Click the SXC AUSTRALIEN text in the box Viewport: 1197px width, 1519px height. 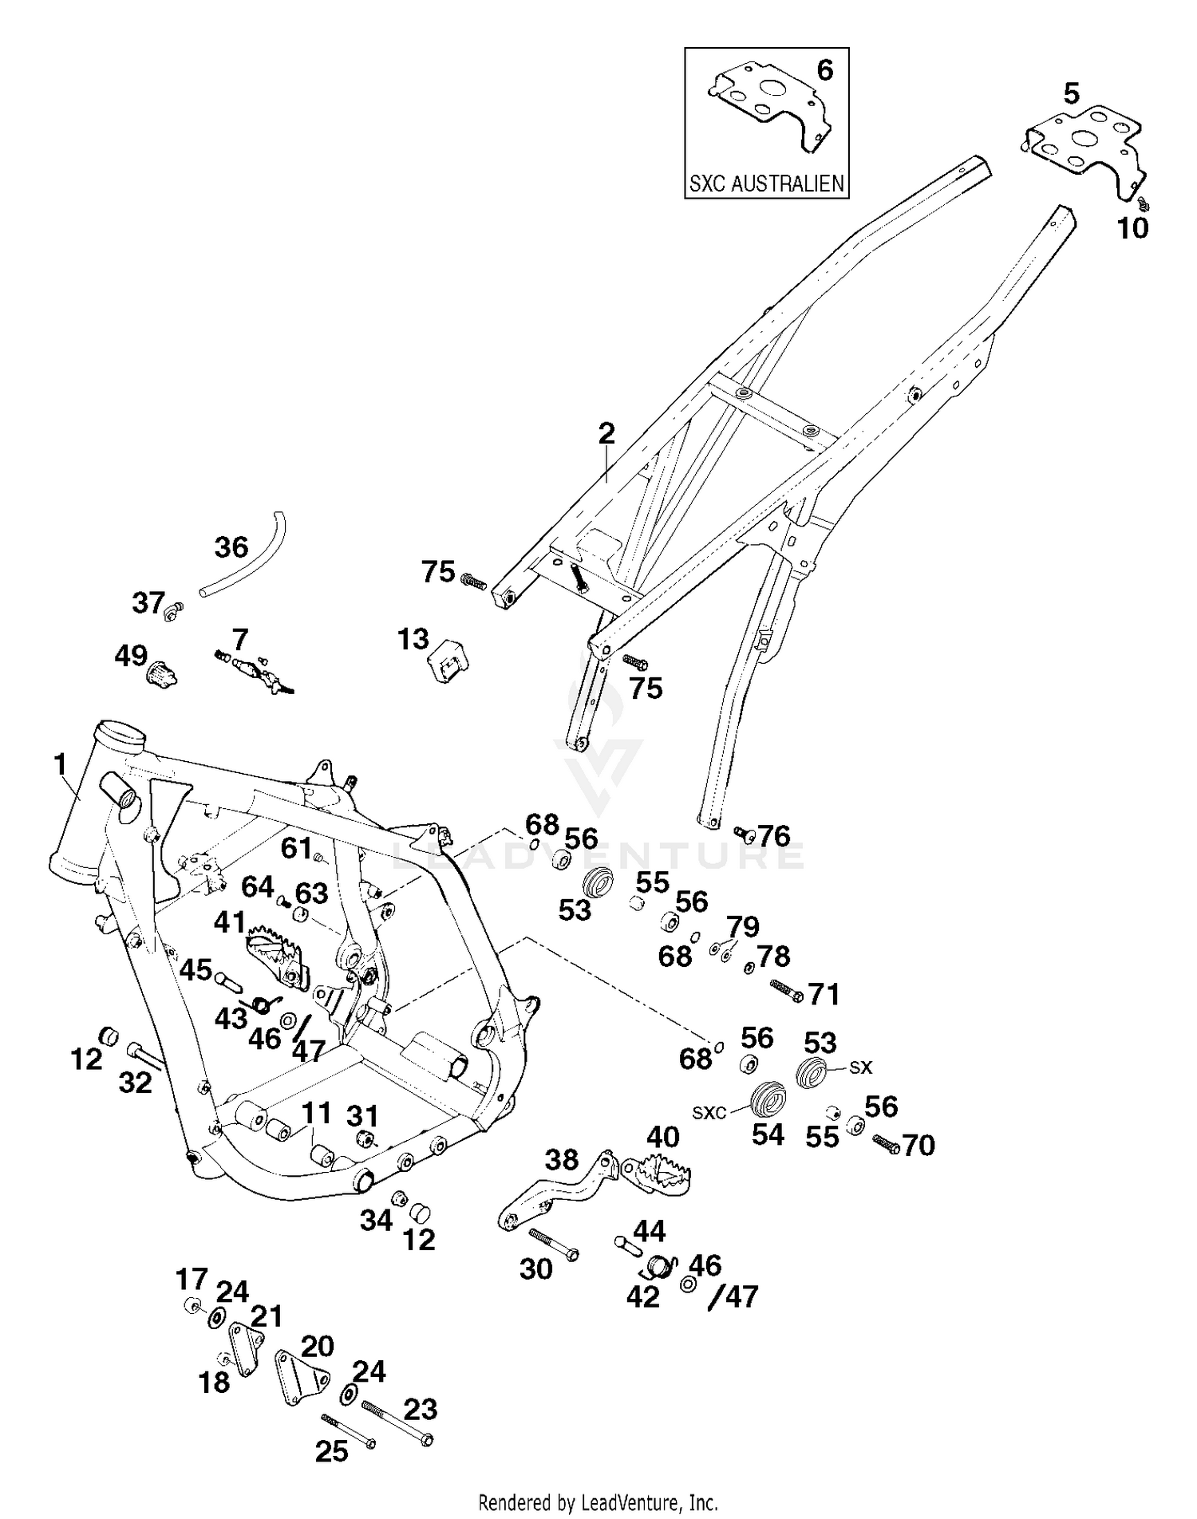(766, 183)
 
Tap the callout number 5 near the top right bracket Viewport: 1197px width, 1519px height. (1071, 94)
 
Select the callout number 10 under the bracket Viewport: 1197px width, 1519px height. (1132, 228)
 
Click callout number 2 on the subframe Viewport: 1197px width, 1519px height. (606, 434)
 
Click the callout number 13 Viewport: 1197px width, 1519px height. (413, 639)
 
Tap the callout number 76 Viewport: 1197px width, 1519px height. (773, 835)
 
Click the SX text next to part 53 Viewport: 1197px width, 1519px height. (861, 1067)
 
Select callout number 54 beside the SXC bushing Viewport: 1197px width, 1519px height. (768, 1134)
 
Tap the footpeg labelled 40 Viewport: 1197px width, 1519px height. (659, 1174)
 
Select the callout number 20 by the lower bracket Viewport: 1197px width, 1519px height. (317, 1346)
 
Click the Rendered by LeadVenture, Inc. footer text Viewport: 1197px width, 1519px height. (598, 1502)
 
